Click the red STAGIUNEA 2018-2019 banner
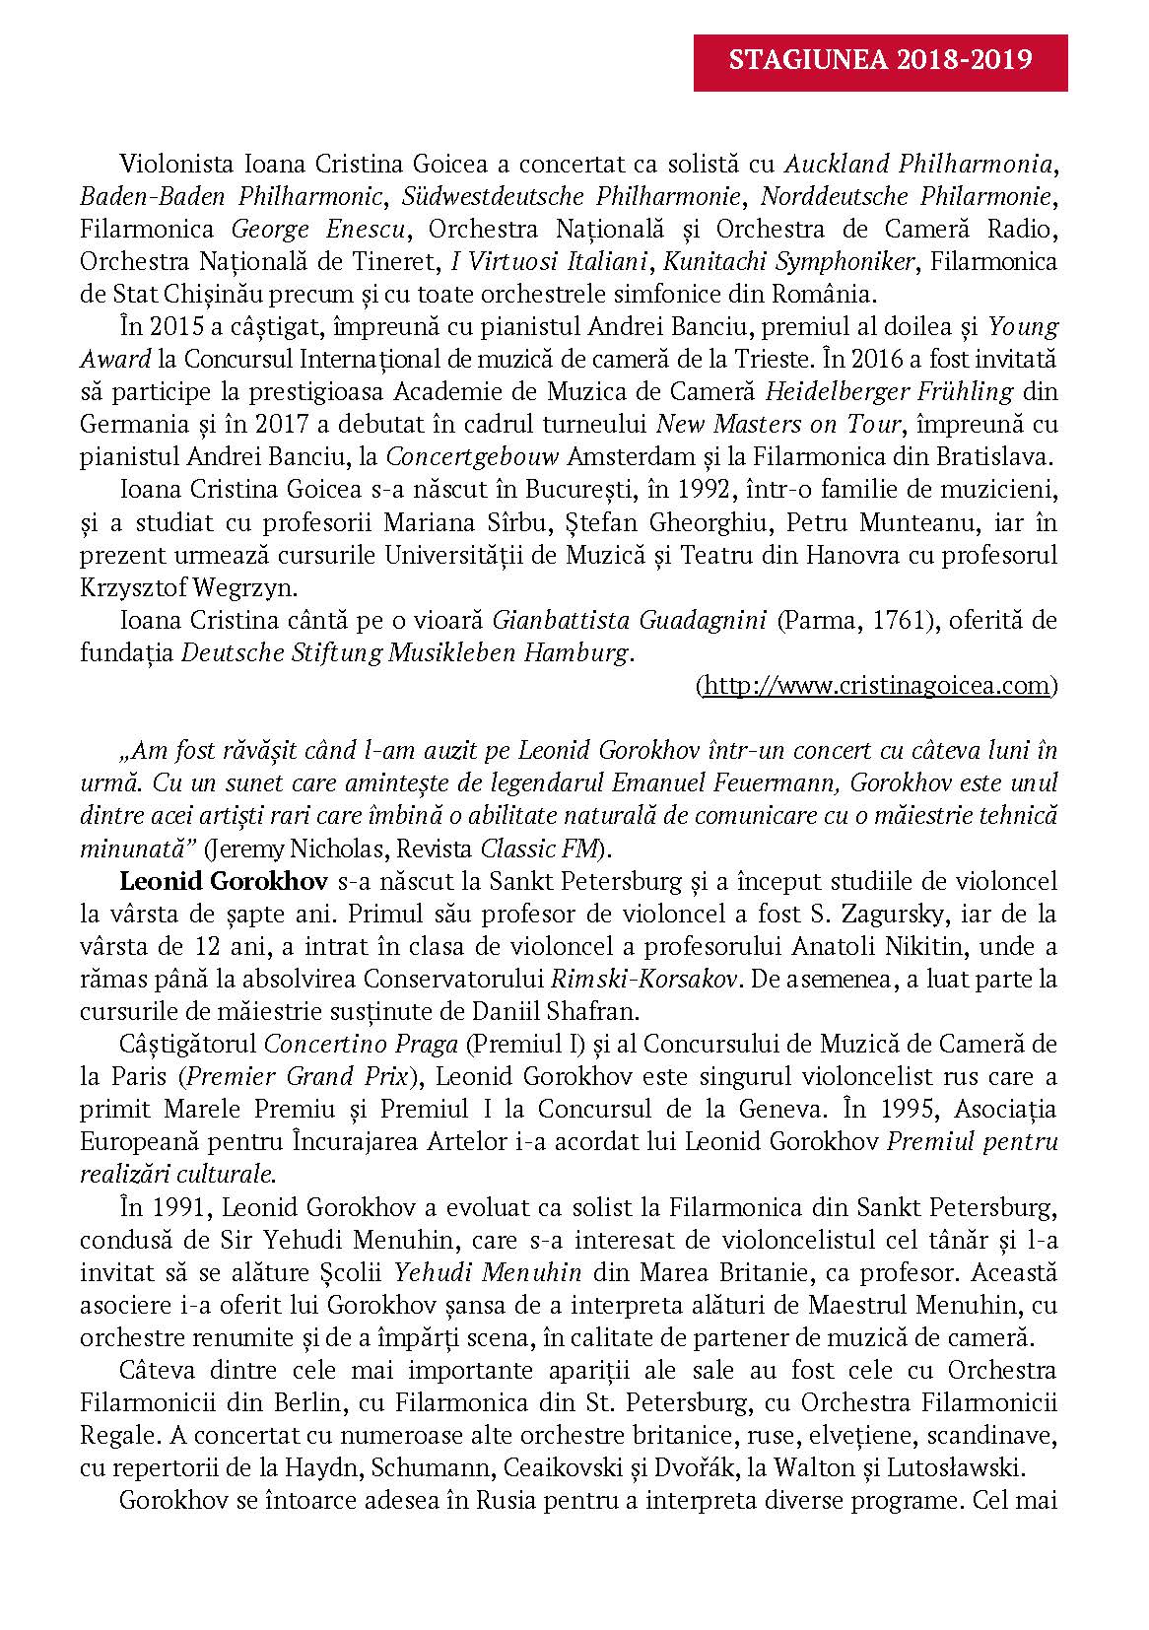click(880, 61)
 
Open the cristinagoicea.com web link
click(877, 686)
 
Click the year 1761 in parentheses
click(898, 621)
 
